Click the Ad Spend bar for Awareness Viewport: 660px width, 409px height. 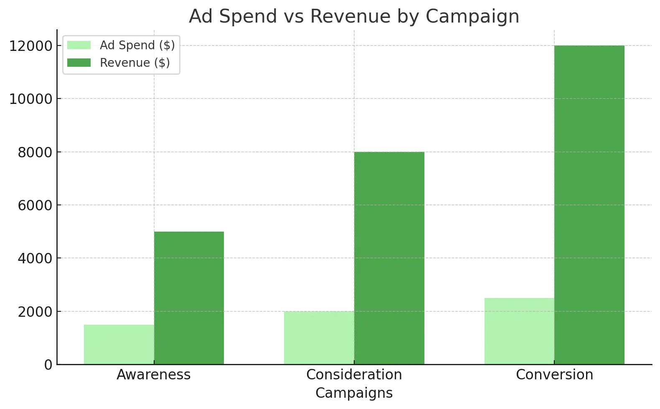119,344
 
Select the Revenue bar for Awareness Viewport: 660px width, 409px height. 189,298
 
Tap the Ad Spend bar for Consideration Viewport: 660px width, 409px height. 319,338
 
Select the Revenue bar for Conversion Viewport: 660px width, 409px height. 589,205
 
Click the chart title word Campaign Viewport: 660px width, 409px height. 472,17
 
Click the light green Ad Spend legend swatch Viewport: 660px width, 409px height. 79,45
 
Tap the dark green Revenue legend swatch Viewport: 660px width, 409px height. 79,63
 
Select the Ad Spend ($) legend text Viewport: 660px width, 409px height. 137,45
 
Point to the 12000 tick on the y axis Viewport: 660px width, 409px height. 30,46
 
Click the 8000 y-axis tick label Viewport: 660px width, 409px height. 35,152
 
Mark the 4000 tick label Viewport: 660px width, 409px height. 35,258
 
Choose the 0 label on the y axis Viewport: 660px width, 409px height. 48,365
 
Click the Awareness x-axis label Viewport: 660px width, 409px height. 153,375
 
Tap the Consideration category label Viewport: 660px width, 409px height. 354,375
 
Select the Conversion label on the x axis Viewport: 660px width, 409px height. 554,375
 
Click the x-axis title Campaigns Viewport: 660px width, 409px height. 354,393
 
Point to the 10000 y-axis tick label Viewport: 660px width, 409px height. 30,99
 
